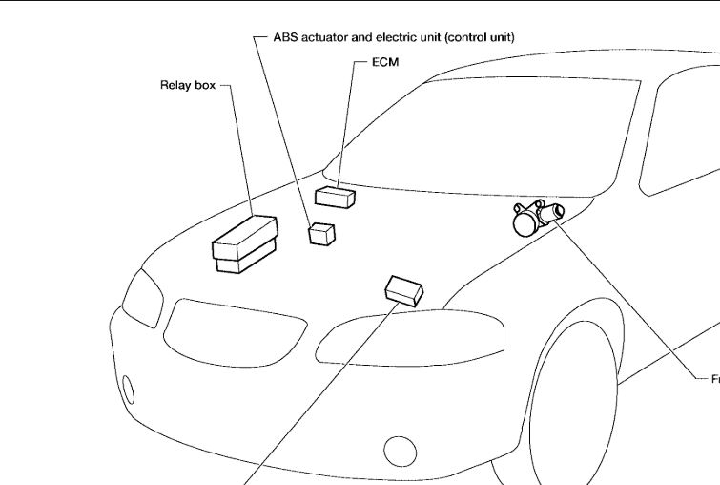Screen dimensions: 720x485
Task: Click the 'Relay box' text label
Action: click(x=188, y=85)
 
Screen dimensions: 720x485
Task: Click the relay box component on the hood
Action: click(x=244, y=243)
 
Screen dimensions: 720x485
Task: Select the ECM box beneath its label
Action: click(x=336, y=198)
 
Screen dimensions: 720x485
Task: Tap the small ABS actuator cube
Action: click(x=322, y=233)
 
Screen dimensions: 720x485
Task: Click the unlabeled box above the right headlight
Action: click(x=404, y=288)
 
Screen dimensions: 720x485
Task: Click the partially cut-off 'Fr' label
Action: click(x=714, y=379)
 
